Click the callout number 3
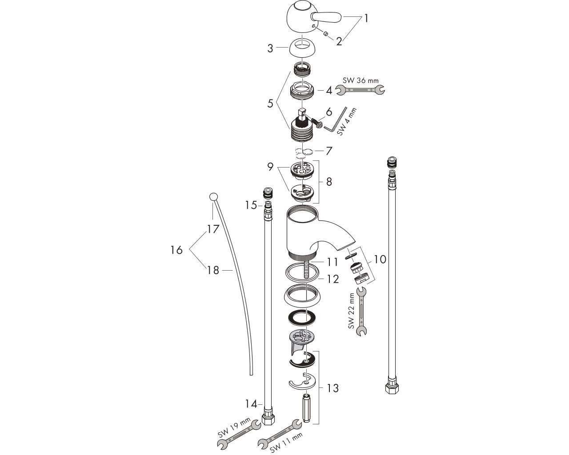[x=270, y=48]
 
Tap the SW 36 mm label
[x=361, y=80]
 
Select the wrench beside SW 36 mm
[x=360, y=90]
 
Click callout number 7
[x=329, y=151]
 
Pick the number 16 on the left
[x=176, y=250]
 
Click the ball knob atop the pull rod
[x=213, y=197]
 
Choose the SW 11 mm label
[x=286, y=443]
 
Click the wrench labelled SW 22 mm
[x=361, y=312]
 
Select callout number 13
[x=333, y=388]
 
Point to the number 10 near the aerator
[x=380, y=259]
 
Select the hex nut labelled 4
[x=302, y=91]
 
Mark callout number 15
[x=251, y=205]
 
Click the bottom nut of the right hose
[x=392, y=388]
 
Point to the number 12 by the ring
[x=333, y=279]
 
